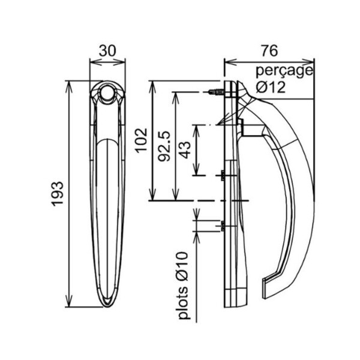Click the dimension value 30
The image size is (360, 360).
point(107,51)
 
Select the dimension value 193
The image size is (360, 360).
point(57,194)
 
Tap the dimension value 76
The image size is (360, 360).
point(269,51)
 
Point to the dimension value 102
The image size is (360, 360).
point(141,140)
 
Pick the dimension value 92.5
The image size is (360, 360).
point(164,146)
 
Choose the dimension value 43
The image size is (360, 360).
point(185,150)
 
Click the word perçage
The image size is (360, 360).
point(284,71)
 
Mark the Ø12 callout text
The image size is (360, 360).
point(271,87)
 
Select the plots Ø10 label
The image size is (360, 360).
point(183,286)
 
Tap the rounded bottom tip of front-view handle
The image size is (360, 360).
point(107,304)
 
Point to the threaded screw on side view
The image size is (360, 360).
point(216,92)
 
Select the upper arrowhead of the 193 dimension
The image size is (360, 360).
point(69,87)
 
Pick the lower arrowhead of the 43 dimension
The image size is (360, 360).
point(196,169)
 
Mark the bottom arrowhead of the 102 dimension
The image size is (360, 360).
point(152,194)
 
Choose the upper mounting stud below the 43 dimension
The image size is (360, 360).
point(222,176)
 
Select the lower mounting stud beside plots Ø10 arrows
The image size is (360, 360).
point(222,226)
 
